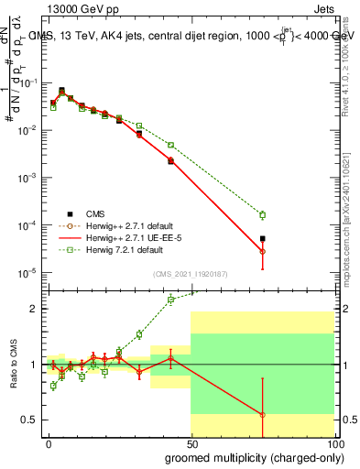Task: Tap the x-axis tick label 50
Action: coord(190,442)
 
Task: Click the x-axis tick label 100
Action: coord(332,442)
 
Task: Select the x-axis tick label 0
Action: coord(48,442)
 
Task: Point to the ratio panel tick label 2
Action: coord(35,310)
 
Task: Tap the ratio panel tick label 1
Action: coord(35,365)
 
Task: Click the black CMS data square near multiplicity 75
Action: coord(262,238)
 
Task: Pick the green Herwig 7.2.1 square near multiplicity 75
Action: coord(262,215)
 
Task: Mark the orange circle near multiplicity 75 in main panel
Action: coord(262,251)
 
